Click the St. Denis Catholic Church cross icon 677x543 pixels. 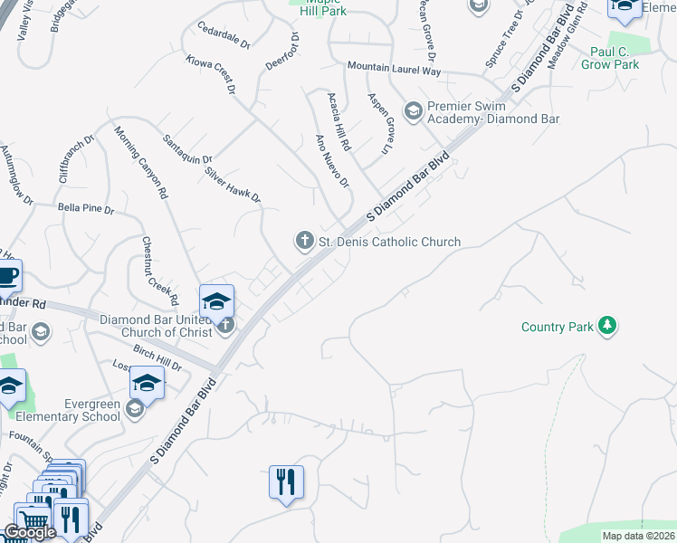304,241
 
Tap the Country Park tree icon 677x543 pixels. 608,325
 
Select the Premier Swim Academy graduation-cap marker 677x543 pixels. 414,110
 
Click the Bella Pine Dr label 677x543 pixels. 86,209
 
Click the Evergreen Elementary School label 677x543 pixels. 68,411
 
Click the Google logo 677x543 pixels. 30,532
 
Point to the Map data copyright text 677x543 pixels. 639,536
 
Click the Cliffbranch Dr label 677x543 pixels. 77,160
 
